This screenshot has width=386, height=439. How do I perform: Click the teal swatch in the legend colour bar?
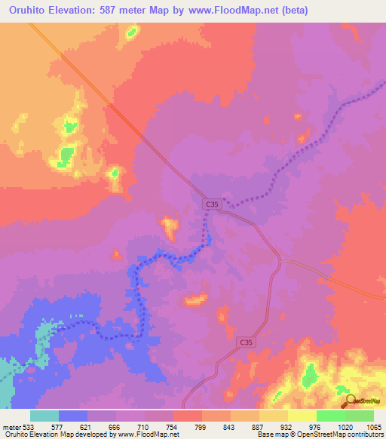tap(44, 416)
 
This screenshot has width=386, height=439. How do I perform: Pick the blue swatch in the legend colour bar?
tap(73, 416)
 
